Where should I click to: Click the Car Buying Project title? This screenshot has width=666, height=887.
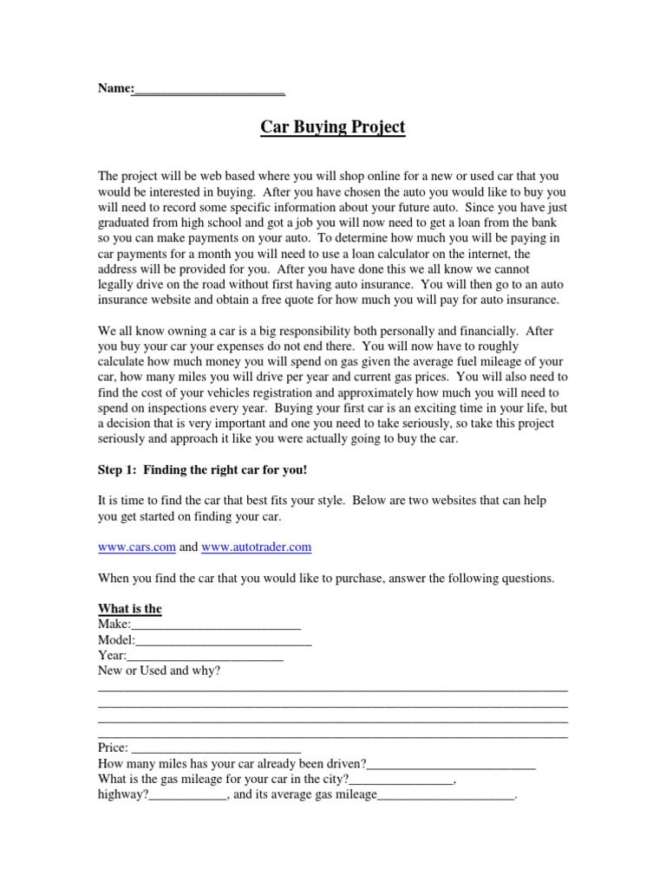pyautogui.click(x=333, y=127)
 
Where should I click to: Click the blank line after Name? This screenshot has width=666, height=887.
pyautogui.click(x=209, y=88)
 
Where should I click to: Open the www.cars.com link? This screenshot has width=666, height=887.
pyautogui.click(x=137, y=547)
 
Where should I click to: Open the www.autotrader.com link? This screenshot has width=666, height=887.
pyautogui.click(x=256, y=547)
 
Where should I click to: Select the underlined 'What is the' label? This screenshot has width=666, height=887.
pyautogui.click(x=130, y=609)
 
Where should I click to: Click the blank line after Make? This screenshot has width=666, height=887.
pyautogui.click(x=216, y=625)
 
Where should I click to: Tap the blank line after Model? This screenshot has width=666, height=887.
pyautogui.click(x=224, y=640)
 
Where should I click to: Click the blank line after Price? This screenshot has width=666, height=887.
pyautogui.click(x=216, y=748)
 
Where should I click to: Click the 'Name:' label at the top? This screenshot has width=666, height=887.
pyautogui.click(x=114, y=88)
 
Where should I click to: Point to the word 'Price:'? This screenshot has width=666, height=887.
pyautogui.click(x=114, y=748)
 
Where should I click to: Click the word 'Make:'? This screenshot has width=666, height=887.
pyautogui.click(x=114, y=625)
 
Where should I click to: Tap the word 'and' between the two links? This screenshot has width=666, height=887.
pyautogui.click(x=188, y=547)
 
